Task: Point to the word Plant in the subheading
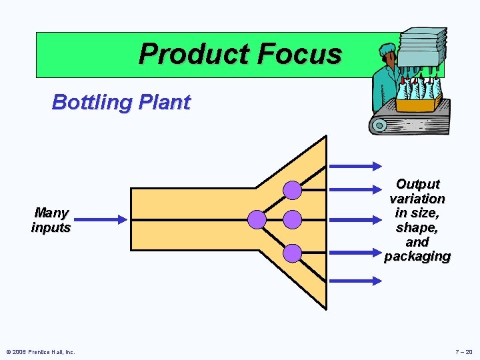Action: (167, 103)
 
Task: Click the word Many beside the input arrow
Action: (51, 213)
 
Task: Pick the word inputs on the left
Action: (51, 227)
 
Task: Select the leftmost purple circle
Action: (257, 219)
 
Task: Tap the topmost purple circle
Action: (293, 191)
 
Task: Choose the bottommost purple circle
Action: (293, 253)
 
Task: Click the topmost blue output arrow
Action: (355, 167)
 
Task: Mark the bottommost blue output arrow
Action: (355, 281)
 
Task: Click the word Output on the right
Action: (418, 184)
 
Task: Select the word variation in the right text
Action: (417, 199)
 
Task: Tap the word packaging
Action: (417, 257)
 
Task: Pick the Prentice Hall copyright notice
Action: (41, 351)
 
